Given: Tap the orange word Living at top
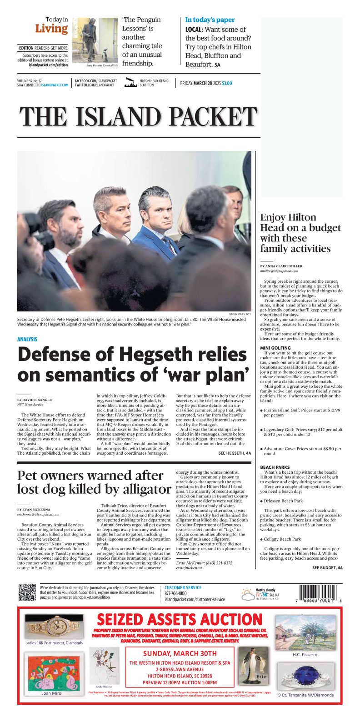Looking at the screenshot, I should (51, 29).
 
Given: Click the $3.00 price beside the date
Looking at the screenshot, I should (227, 83).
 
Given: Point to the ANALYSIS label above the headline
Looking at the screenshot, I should (27, 339).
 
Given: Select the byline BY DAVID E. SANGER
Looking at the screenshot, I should (35, 400).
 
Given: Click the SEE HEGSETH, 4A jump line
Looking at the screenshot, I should (235, 453).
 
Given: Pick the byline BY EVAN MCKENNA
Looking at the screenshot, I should (34, 510).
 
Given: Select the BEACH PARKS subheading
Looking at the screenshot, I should (275, 467).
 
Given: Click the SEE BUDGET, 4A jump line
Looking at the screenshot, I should (327, 568).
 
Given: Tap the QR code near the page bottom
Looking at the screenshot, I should (27, 592).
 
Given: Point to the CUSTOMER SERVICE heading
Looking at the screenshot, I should (183, 587).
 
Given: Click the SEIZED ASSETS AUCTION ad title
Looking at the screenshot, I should (180, 620).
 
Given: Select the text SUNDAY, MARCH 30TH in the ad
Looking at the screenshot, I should (180, 653).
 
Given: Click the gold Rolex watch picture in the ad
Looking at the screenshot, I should (54, 627).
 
